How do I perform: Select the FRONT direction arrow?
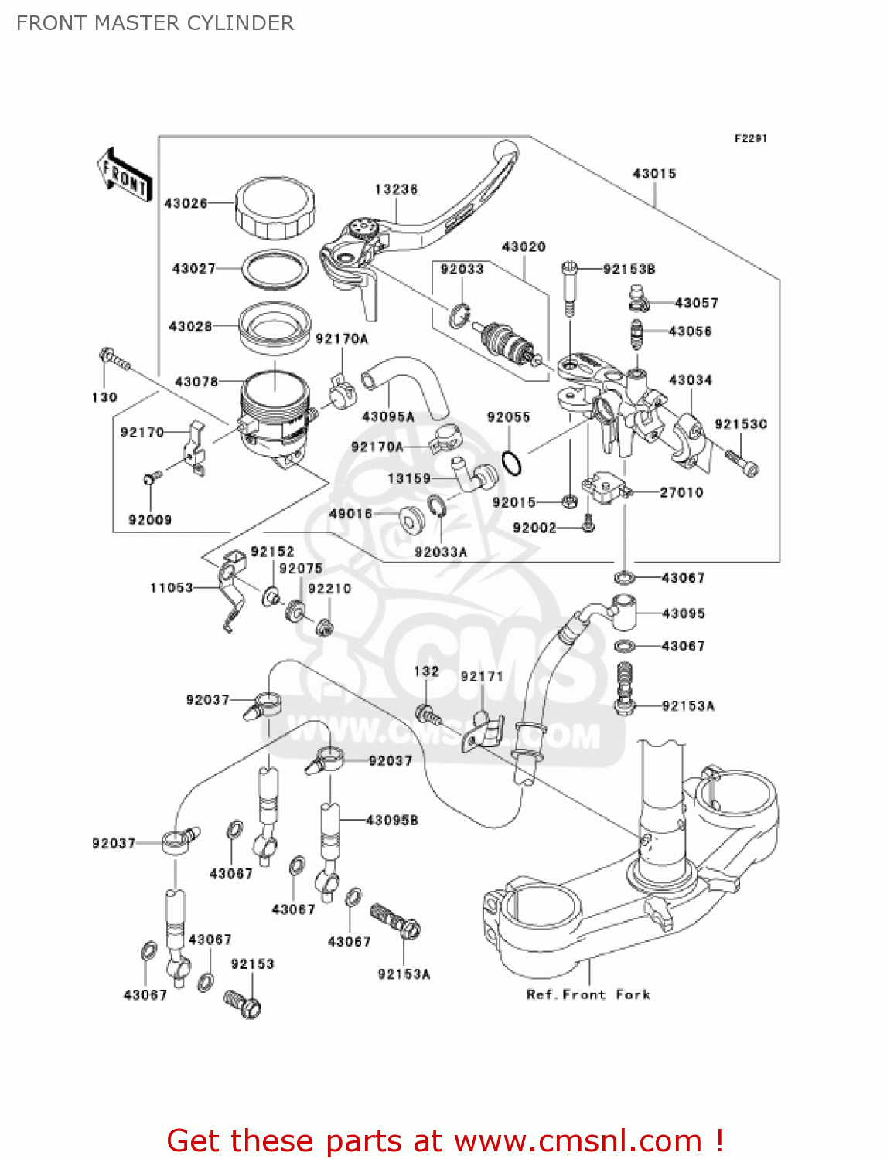[x=124, y=175]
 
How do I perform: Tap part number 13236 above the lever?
[x=396, y=189]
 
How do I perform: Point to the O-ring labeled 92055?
[x=511, y=464]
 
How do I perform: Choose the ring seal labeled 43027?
[x=275, y=268]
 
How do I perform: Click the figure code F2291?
[x=750, y=138]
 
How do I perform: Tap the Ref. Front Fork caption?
[x=588, y=994]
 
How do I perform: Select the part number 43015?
[x=654, y=174]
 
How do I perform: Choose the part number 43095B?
[x=392, y=820]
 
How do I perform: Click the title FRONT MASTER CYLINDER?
[x=155, y=23]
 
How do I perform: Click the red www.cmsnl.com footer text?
[x=445, y=1140]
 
